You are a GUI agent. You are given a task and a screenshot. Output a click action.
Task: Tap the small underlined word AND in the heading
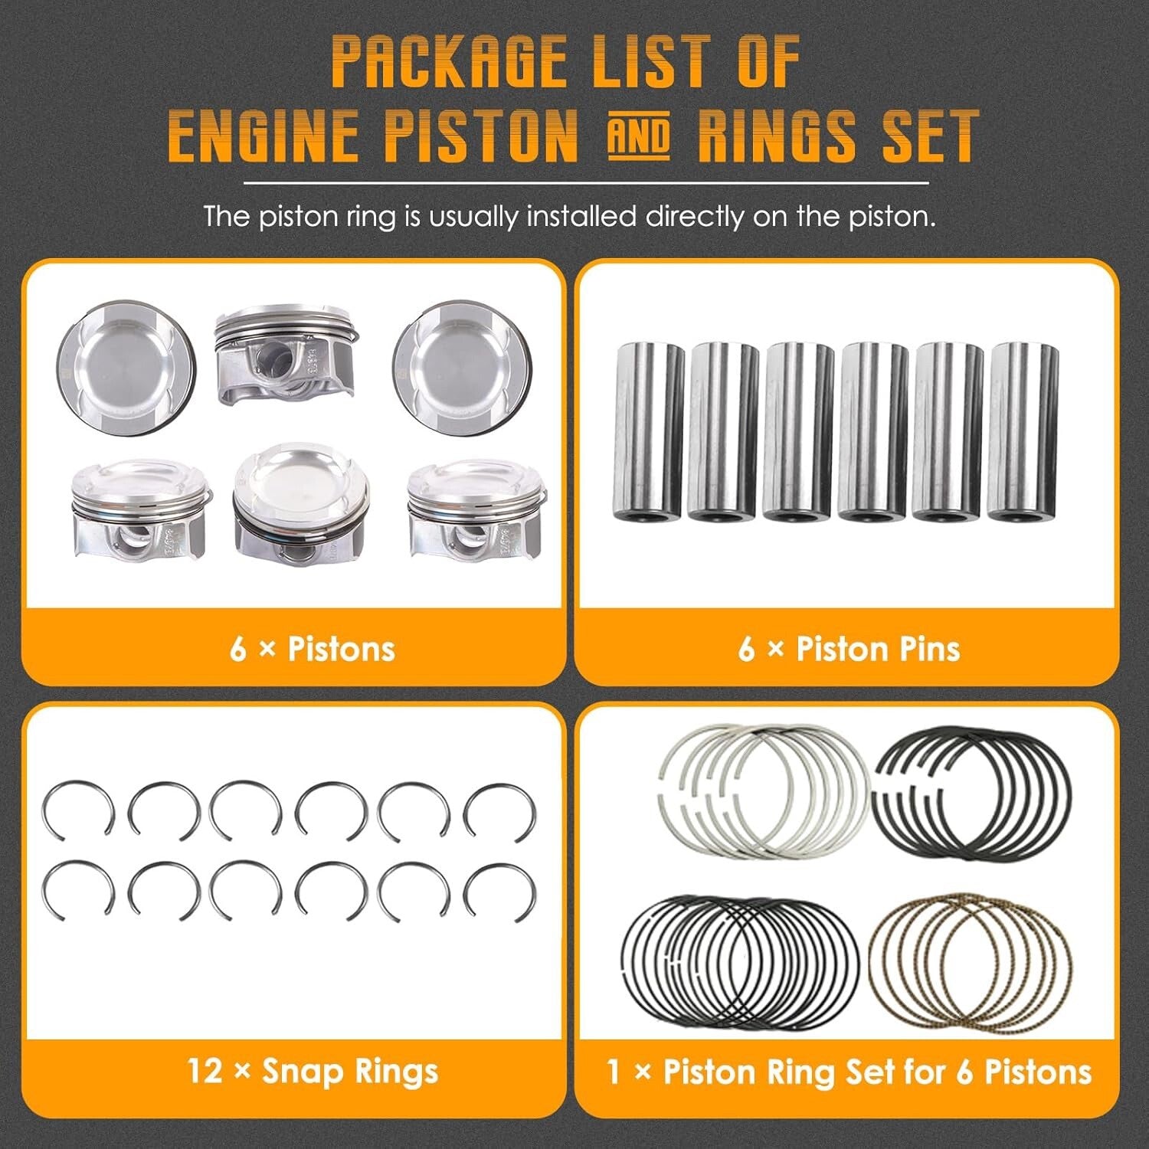point(638,137)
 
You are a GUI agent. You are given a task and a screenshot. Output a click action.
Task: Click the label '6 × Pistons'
point(313,649)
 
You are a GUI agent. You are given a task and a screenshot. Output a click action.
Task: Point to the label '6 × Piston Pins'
point(849,649)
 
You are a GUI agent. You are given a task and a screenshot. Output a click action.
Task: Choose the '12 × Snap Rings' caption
point(313,1071)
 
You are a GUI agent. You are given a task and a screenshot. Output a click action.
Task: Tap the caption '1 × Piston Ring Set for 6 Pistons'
point(849,1071)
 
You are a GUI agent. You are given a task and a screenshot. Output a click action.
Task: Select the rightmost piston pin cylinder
point(1023,431)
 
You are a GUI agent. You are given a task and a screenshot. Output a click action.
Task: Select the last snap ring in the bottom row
point(499,893)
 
